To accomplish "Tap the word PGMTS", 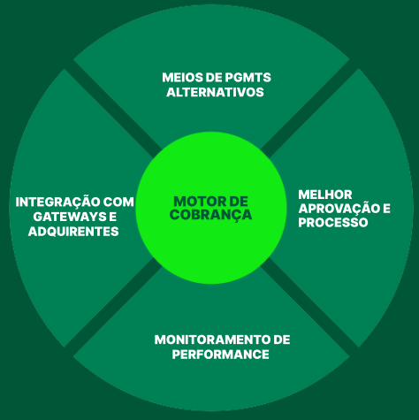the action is click(248, 78).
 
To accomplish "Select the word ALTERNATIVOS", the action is click(215, 92).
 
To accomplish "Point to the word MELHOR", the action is click(325, 195).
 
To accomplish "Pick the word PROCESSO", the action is click(333, 222).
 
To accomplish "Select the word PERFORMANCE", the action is click(221, 354).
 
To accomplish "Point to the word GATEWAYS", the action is click(70, 217).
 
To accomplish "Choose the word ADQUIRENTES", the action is click(73, 232).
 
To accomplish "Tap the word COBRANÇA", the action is click(210, 215).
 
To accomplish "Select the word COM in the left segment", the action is click(118, 202).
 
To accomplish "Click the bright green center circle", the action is click(211, 208).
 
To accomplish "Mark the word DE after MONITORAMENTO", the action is click(282, 340).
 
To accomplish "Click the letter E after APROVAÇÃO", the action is click(386, 209).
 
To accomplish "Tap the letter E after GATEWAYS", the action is click(113, 217).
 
